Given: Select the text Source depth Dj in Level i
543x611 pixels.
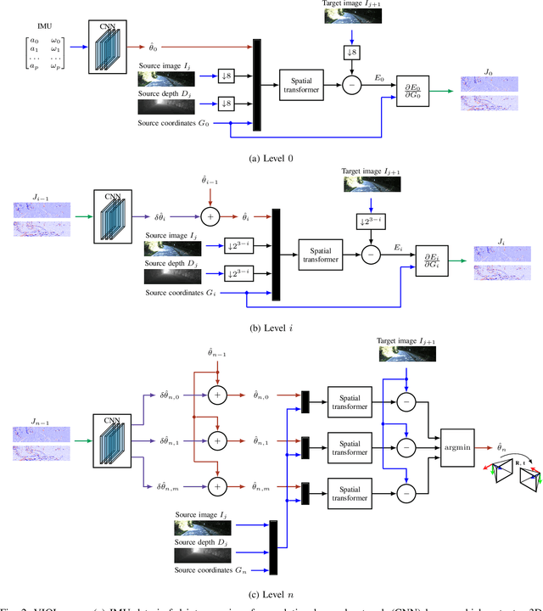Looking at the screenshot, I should (x=171, y=264).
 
